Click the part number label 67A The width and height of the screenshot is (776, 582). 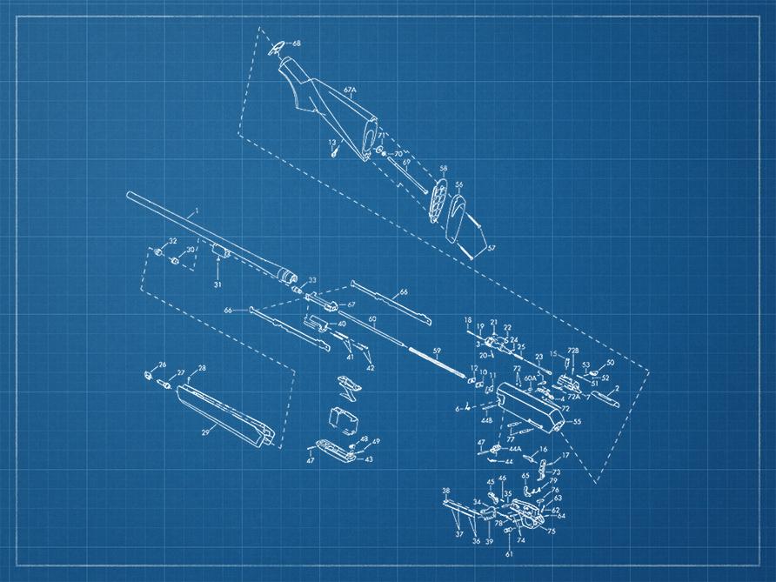[x=351, y=90]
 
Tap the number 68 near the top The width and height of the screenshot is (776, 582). [x=297, y=43]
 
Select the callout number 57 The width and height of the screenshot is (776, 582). [x=492, y=248]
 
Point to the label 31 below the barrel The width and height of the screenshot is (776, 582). [x=217, y=284]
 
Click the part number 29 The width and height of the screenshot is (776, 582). [x=206, y=431]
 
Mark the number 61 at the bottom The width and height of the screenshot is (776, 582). [x=510, y=553]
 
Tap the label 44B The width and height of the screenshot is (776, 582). [x=487, y=421]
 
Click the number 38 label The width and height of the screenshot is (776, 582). [x=446, y=492]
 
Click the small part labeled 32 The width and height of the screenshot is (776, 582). [x=158, y=252]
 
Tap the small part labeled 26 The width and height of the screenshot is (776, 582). [x=147, y=375]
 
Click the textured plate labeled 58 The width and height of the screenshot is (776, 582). [x=438, y=202]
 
